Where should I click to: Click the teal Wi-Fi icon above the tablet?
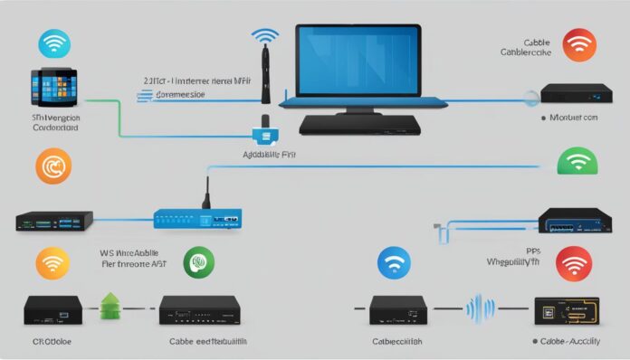pyautogui.click(x=54, y=44)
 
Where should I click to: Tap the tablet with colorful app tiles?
pyautogui.click(x=55, y=89)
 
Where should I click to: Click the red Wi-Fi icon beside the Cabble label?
pyautogui.click(x=578, y=44)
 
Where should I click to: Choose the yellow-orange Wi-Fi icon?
pyautogui.click(x=52, y=264)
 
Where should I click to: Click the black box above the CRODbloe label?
pyautogui.click(x=51, y=309)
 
